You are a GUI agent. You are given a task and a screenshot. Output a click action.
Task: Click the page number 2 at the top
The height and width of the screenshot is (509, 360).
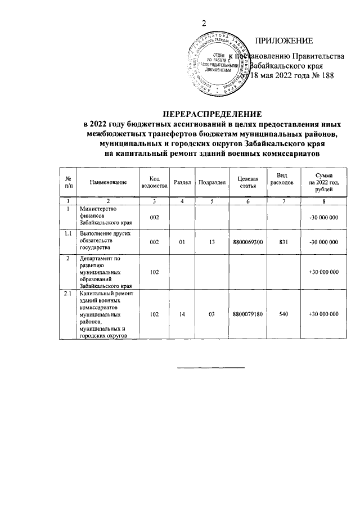click(205, 23)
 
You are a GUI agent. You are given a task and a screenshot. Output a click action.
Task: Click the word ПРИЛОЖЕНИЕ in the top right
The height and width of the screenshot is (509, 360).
click(284, 40)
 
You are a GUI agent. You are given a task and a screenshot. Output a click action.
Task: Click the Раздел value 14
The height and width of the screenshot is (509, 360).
click(182, 314)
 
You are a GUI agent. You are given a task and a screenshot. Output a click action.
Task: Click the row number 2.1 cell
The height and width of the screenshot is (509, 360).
click(67, 294)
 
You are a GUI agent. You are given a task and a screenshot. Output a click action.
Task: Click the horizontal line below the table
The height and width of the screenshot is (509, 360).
click(211, 368)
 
